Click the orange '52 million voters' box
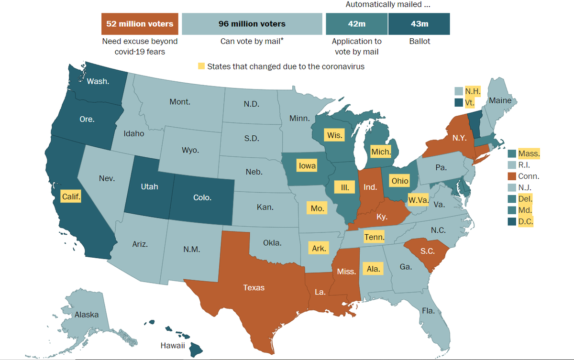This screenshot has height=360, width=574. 140,23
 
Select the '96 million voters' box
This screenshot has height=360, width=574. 252,23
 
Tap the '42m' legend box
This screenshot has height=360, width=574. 356,23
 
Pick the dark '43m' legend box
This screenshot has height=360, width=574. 419,23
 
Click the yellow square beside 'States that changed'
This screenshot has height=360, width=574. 201,66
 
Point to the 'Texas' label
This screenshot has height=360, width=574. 254,287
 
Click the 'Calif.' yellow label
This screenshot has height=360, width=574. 71,196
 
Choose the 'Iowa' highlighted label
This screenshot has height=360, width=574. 307,166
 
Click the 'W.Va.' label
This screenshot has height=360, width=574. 418,198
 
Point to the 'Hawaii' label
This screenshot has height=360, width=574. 172,346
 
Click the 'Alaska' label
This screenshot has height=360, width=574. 87,314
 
